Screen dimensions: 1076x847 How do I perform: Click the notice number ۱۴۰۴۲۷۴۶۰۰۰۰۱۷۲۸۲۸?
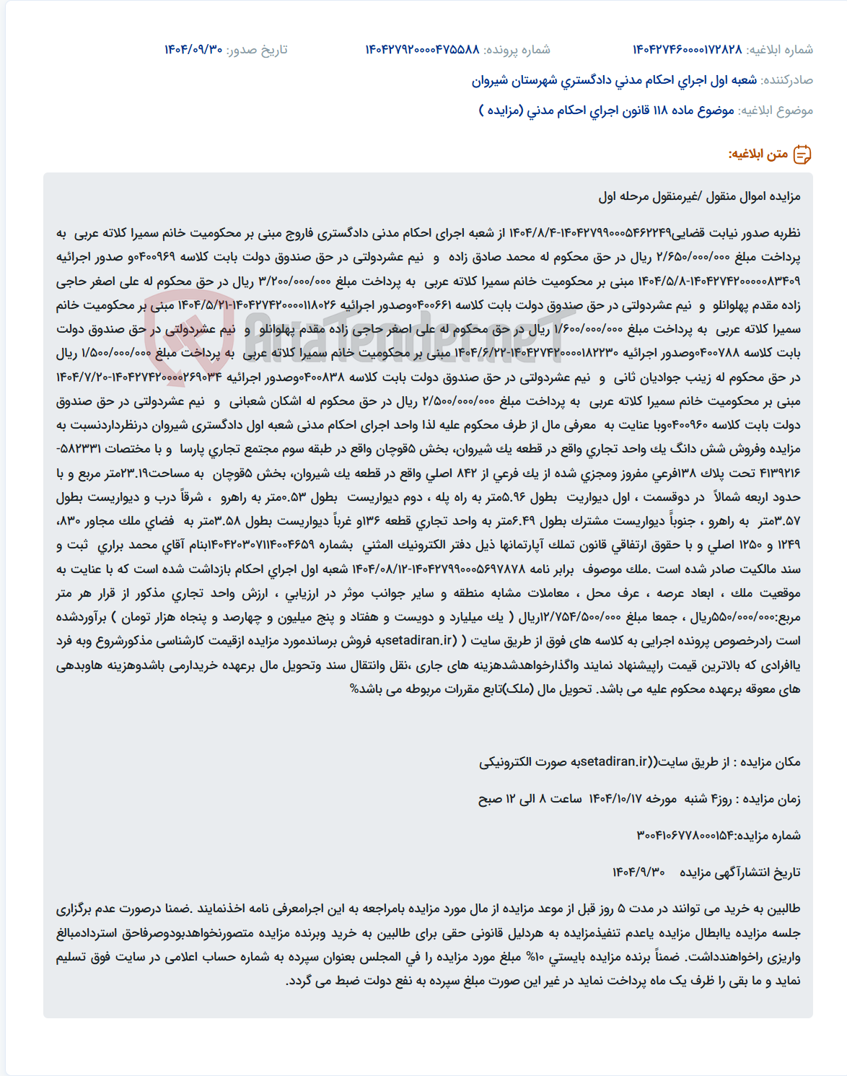coord(687,50)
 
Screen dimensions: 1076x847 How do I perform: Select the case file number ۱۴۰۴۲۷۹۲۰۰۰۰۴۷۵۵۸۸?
coord(422,50)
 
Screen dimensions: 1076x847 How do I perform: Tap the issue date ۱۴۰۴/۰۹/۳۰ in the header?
coord(193,50)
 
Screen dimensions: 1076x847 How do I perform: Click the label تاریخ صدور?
coord(258,50)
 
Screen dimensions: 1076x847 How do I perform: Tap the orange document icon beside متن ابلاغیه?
coord(802,154)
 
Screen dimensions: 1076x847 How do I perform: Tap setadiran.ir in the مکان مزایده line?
coord(614,762)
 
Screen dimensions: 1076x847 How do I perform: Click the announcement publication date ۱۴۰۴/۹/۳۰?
coord(638,872)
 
